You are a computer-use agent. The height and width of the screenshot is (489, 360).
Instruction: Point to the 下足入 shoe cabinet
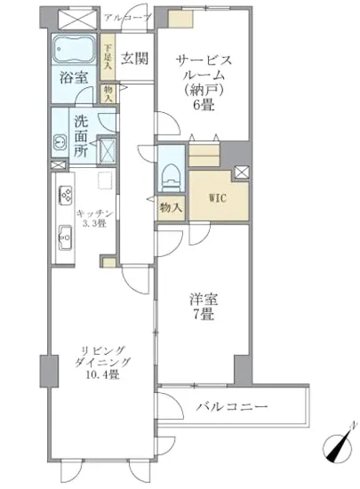pyautogui.click(x=108, y=58)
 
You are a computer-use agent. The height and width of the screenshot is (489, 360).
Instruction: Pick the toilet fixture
pyautogui.click(x=169, y=173)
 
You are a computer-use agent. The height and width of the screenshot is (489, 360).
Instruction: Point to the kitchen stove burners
pyautogui.click(x=65, y=197)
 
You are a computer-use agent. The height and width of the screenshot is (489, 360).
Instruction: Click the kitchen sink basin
pyautogui.click(x=64, y=237)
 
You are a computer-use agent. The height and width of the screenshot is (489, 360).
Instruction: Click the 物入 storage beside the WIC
pyautogui.click(x=172, y=208)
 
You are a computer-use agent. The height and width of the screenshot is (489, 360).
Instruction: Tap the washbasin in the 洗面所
pyautogui.click(x=60, y=141)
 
